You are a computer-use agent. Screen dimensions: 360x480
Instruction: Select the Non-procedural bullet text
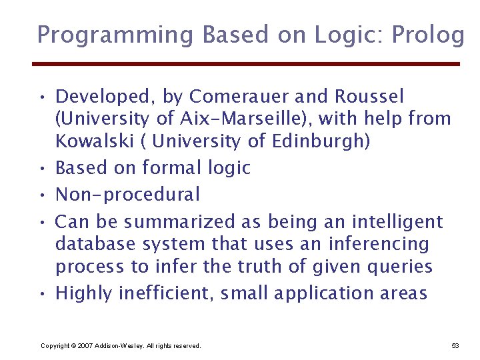pyautogui.click(x=127, y=195)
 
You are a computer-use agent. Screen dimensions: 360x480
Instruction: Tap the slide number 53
pyautogui.click(x=455, y=346)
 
